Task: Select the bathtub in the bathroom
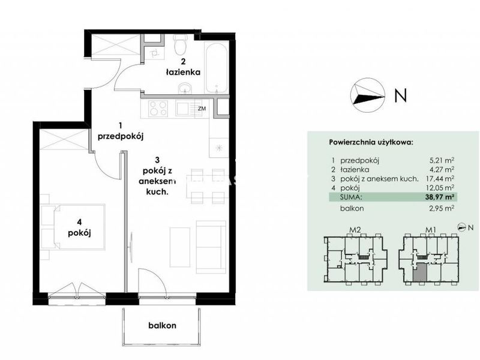tap(217, 68)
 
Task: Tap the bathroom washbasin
tap(185, 88)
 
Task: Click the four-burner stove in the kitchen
tap(158, 109)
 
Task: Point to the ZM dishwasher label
tap(202, 109)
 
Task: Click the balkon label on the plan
tap(162, 325)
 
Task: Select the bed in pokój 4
tap(73, 227)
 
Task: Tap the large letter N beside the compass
tap(400, 95)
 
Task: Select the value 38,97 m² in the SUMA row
tap(439, 197)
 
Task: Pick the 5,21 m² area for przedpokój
tap(442, 160)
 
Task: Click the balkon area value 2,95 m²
tap(442, 208)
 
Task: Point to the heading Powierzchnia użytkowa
tap(371, 142)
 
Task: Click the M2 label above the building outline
tap(354, 230)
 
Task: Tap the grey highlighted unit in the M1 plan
tap(419, 272)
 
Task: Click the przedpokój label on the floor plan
tap(121, 137)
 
